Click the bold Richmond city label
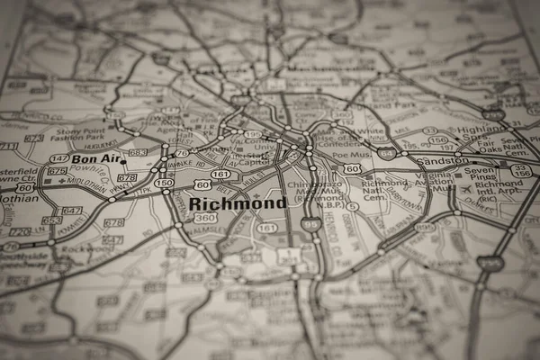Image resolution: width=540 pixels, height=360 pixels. (x=238, y=203)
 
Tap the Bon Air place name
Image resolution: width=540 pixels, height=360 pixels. (x=95, y=159)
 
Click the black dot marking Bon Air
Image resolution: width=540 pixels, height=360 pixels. (x=124, y=163)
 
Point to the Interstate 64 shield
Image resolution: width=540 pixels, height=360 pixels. (x=385, y=154)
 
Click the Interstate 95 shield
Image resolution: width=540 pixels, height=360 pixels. (x=311, y=222)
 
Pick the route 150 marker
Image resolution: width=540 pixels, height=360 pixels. (x=164, y=183)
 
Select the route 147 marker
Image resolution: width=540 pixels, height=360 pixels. (x=59, y=158)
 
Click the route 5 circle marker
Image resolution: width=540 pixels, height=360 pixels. (x=353, y=206)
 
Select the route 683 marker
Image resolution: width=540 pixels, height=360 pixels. (x=138, y=153)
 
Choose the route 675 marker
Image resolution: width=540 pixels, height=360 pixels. (x=58, y=170)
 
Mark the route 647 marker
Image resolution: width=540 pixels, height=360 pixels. (x=72, y=211)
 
